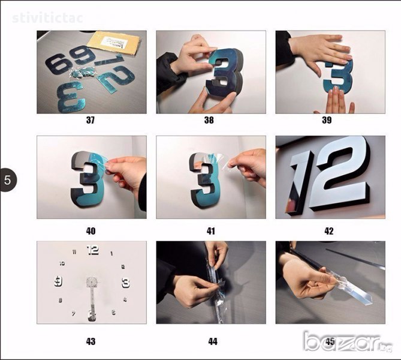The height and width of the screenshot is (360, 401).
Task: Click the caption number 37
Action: click(91, 120)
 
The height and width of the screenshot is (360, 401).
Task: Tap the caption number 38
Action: click(209, 120)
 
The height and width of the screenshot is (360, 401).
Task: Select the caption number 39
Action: click(327, 120)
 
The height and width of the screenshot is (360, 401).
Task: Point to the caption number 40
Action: click(91, 231)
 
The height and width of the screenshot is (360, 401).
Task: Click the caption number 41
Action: click(211, 231)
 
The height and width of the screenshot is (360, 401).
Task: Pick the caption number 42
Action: click(329, 231)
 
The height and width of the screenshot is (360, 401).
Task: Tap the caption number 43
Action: click(91, 341)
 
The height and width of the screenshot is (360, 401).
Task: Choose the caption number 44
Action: click(213, 341)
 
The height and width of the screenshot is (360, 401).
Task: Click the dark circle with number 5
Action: click(8, 180)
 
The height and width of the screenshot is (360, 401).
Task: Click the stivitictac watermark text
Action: click(47, 18)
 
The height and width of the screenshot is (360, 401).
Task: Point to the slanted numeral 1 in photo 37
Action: click(110, 60)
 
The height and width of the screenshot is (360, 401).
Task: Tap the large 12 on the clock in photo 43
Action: click(92, 250)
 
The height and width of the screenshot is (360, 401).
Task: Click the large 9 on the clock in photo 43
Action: click(58, 281)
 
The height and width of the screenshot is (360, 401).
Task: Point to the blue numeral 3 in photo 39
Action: click(338, 76)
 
